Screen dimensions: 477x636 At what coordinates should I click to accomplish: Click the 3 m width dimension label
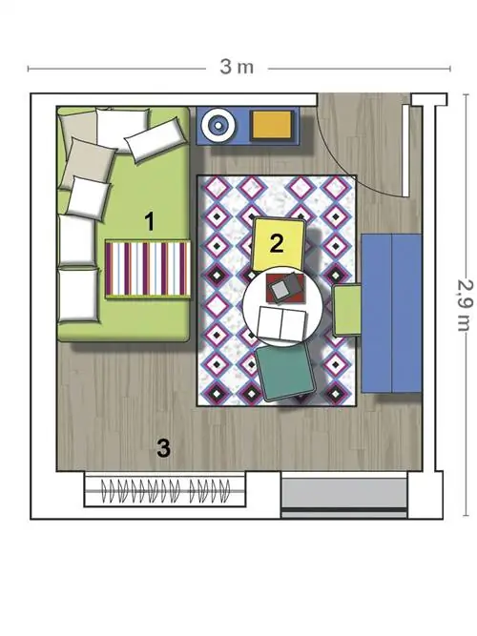coord(237,67)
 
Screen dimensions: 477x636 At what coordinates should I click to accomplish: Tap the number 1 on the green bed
coord(150,222)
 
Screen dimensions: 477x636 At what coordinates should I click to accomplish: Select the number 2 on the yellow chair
coord(277,244)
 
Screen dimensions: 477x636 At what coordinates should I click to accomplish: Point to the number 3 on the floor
coord(163,448)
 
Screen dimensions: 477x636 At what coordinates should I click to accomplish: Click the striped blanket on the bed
coord(148,269)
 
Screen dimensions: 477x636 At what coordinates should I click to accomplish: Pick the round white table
coord(282,306)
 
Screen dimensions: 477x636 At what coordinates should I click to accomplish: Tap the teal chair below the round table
coord(286,371)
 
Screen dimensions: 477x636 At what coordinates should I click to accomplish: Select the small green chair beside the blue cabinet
coord(347,310)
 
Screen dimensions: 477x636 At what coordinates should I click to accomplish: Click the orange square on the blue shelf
coord(272,125)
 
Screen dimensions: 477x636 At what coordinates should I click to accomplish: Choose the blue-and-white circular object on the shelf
coord(218,125)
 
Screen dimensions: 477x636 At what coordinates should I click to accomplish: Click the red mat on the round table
coord(285,288)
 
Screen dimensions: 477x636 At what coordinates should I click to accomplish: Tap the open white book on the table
coord(282,323)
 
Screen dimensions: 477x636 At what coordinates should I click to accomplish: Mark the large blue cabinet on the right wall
coord(392,313)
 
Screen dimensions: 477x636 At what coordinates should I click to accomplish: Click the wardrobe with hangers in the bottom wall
coord(165,489)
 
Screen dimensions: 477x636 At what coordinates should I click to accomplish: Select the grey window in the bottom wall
coord(344,495)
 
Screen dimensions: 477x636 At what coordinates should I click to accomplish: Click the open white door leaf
coord(406,151)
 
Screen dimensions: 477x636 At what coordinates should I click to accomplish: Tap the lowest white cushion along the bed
coord(78,296)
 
